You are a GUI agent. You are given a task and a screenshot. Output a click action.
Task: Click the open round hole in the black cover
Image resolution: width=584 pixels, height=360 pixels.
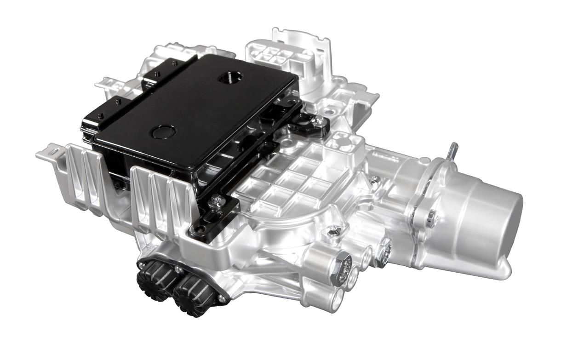tap(227, 78)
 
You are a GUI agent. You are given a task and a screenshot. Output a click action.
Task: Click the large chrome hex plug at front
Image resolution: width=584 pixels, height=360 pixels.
tap(341, 265)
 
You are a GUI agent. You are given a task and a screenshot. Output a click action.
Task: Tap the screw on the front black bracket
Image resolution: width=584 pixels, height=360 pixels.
tap(215, 200)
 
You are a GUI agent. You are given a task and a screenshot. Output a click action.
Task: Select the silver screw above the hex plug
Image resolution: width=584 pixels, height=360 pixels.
tap(335, 229)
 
